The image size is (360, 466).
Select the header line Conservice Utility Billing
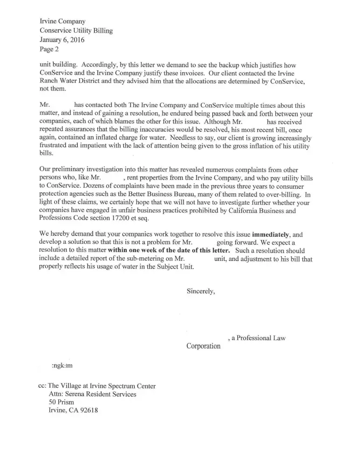click(x=76, y=31)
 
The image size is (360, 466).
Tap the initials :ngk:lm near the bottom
click(x=62, y=366)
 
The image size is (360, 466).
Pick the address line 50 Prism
click(x=61, y=402)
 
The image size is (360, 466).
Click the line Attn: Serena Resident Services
click(x=92, y=394)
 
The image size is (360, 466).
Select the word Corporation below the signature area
click(x=204, y=346)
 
